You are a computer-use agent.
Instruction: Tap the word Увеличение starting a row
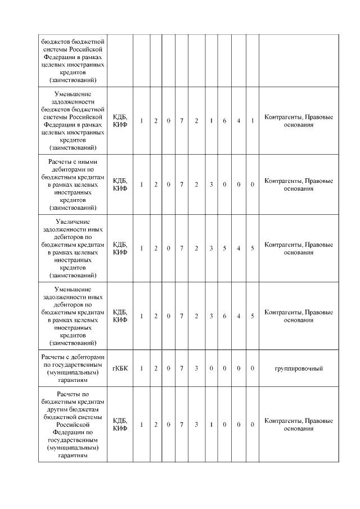(73, 221)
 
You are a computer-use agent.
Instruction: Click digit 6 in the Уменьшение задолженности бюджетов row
(224, 121)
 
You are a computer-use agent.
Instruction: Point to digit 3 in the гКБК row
(196, 368)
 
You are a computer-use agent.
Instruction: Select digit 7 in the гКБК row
(182, 368)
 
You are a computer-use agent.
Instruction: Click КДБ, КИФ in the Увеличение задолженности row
(120, 248)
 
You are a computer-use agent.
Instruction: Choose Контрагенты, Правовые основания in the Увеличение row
(298, 248)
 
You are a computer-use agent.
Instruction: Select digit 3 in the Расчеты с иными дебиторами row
(210, 184)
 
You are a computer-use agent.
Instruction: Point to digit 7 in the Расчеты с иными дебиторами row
(182, 184)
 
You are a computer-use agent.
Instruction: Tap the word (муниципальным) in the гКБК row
(73, 372)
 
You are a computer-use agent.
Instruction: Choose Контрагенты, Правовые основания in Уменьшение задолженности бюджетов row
(298, 121)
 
